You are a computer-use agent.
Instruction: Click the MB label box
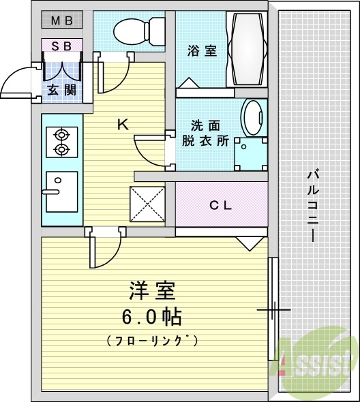pos(62,20)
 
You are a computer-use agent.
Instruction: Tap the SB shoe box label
pos(62,46)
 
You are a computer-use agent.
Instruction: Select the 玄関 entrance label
pos(61,89)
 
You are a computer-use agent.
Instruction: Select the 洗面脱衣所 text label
pos(205,134)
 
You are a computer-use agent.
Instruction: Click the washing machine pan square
pos(250,153)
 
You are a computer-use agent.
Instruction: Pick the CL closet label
pos(222,204)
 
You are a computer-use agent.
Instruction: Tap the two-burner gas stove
pos(61,141)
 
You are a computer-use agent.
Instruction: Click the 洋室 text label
pos(151,291)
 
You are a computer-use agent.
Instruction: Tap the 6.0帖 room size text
pos(151,316)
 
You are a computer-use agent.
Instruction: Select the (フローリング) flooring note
pos(151,339)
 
